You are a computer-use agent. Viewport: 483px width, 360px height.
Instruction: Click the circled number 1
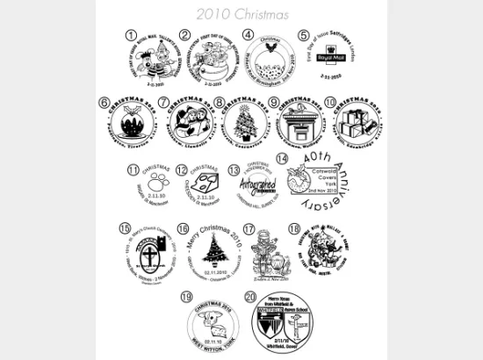click(x=132, y=34)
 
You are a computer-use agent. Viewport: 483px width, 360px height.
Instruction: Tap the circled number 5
click(x=304, y=37)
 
